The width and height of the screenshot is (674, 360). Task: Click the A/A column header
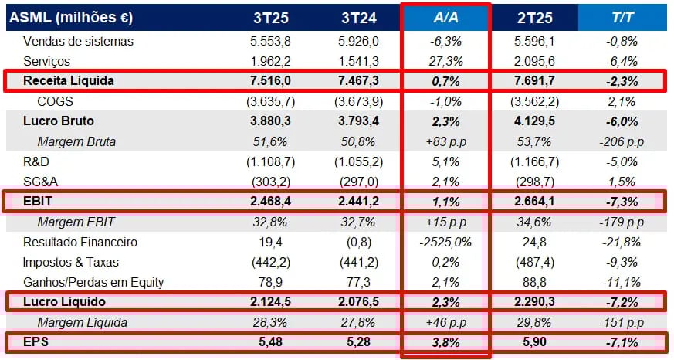pyautogui.click(x=445, y=17)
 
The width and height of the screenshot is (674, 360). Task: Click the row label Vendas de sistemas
pyautogui.click(x=78, y=41)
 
